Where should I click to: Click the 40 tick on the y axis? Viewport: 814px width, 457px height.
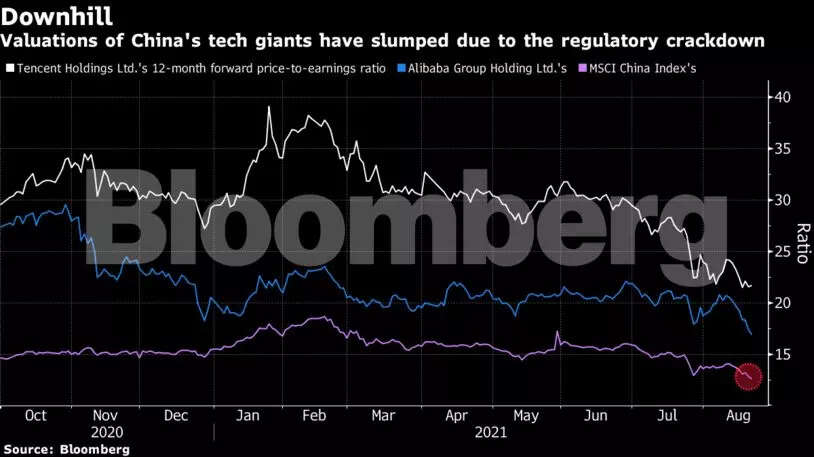pos(780,97)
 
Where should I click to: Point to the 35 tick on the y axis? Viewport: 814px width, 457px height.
pos(780,149)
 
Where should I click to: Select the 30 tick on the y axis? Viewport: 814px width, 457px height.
pos(780,200)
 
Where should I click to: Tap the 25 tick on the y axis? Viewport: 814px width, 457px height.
pos(780,252)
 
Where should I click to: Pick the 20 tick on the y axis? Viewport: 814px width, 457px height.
pos(780,303)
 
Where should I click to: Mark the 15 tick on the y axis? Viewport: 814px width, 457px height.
pos(780,355)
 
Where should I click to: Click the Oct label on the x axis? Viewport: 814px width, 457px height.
pos(37,416)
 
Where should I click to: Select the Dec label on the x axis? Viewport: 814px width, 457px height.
pos(176,416)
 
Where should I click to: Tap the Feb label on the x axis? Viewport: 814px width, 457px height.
pos(313,416)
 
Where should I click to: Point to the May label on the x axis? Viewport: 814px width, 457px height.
pos(526,416)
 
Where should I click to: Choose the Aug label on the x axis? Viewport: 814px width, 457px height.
pos(736,416)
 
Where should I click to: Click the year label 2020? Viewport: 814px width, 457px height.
pos(105,433)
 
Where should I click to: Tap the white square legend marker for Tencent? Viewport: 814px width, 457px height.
pos(9,68)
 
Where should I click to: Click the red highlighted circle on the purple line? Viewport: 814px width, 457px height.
pos(748,377)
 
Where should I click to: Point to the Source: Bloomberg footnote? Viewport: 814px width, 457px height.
pos(65,450)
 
